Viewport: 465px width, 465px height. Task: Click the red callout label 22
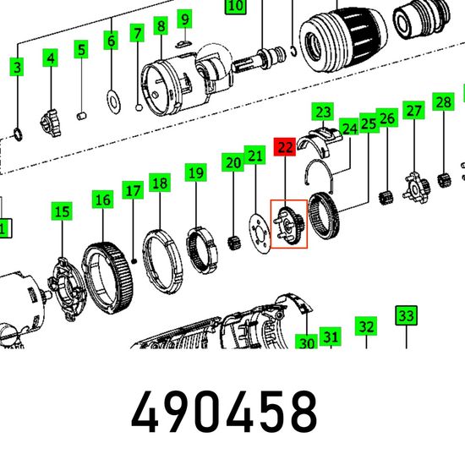(285, 147)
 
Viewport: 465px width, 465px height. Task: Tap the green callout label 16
(102, 200)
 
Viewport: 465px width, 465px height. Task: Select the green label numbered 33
(407, 315)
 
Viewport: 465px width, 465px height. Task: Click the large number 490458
(224, 412)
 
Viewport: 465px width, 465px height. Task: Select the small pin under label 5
(81, 116)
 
